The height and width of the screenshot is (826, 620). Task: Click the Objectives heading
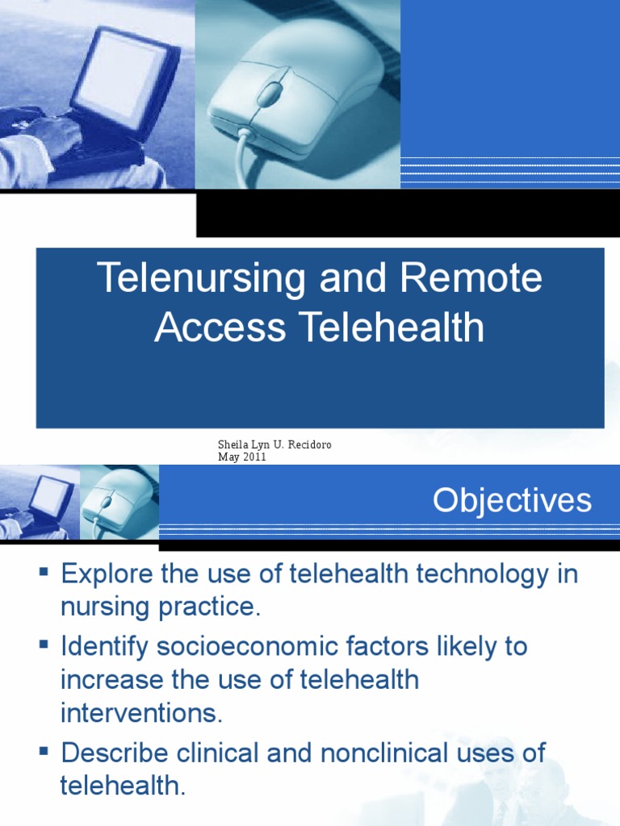pyautogui.click(x=512, y=501)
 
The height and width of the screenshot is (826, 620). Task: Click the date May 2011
pyautogui.click(x=241, y=457)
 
